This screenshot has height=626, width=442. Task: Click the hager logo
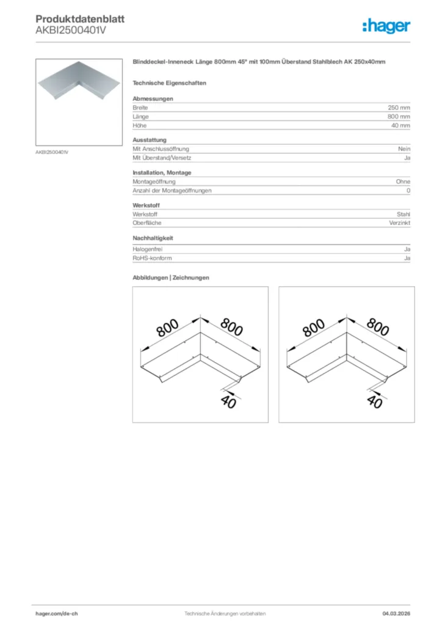(386, 26)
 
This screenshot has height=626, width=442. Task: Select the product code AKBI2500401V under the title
(71, 31)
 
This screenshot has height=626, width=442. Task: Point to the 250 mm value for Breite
(399, 108)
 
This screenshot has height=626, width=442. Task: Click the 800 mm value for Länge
(399, 116)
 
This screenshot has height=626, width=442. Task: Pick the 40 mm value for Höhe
(401, 125)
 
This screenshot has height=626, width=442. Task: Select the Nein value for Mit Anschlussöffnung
(404, 149)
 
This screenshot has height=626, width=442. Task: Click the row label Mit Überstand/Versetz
(162, 158)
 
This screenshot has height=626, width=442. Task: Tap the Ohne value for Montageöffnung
(403, 182)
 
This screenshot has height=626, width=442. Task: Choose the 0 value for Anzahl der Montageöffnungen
(408, 191)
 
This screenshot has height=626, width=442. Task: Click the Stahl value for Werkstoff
(404, 215)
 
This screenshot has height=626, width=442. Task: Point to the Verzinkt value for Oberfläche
(400, 223)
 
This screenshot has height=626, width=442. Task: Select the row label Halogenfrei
(147, 249)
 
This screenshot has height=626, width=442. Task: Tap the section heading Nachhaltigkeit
(153, 238)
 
